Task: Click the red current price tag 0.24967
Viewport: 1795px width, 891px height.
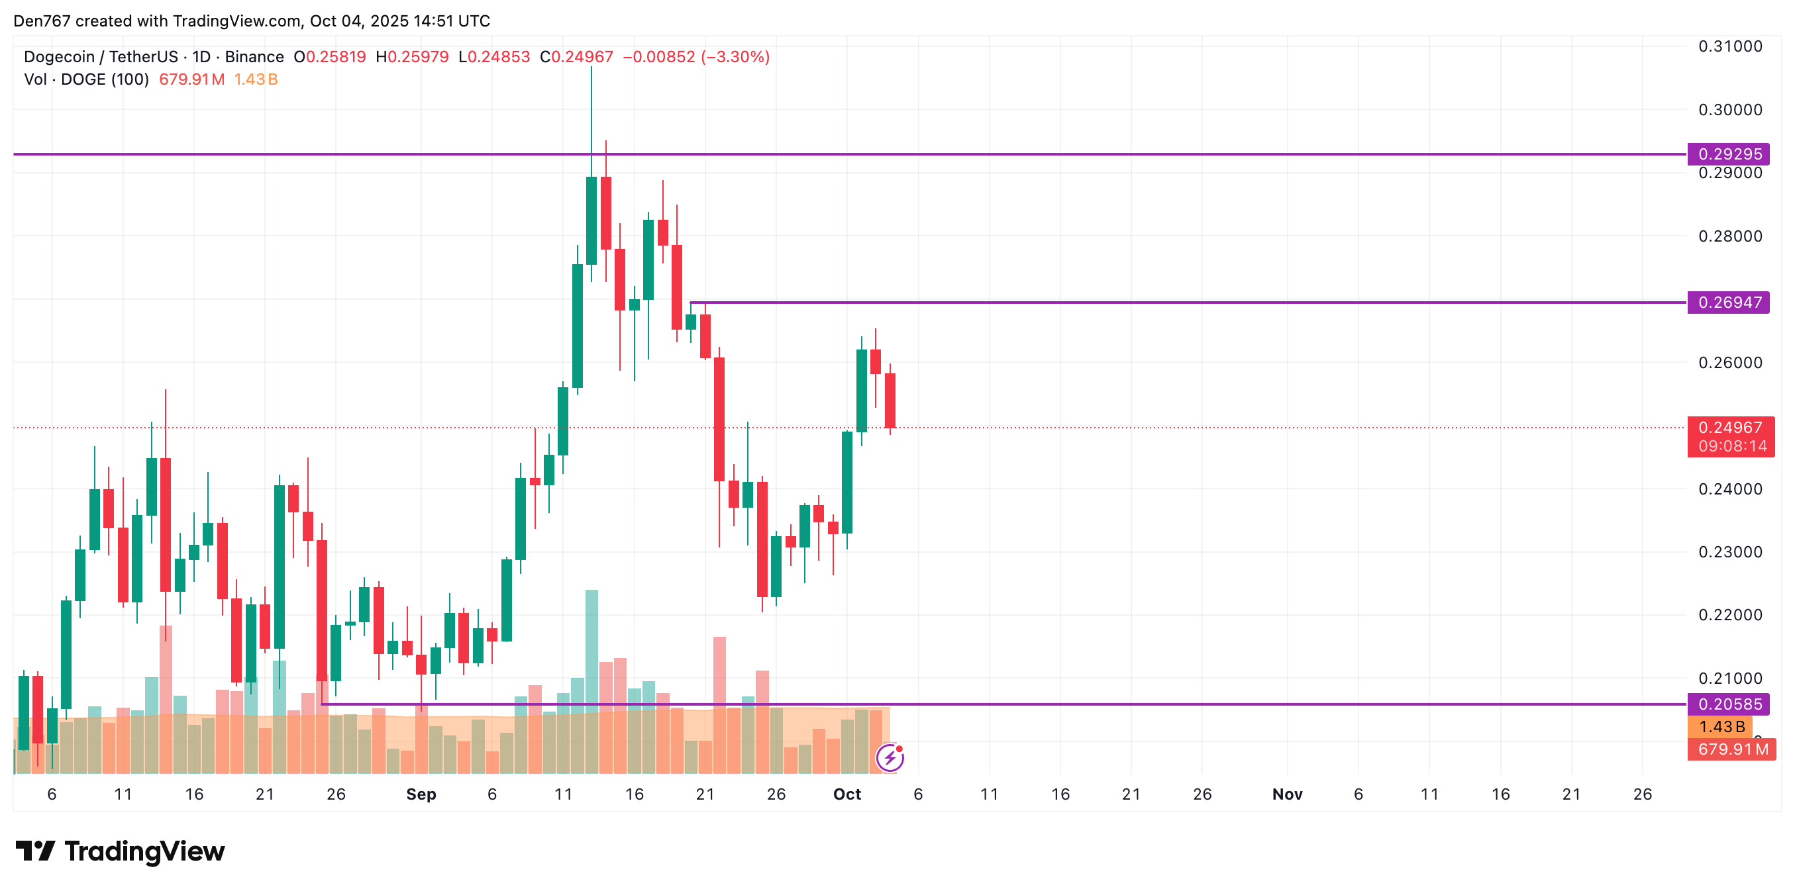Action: coord(1730,428)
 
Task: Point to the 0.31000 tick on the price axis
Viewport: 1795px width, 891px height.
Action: coord(1729,47)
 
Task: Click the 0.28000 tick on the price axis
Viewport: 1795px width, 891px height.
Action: coord(1729,236)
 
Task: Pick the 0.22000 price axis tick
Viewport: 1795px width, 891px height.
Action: coord(1729,615)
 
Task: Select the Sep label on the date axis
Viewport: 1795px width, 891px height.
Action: coord(421,794)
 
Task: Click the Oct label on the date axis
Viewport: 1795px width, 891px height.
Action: coord(846,794)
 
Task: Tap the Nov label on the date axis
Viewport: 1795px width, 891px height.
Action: coord(1286,794)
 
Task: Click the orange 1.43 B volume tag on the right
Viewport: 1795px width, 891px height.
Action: coord(1721,727)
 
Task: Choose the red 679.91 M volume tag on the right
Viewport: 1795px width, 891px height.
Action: coord(1732,749)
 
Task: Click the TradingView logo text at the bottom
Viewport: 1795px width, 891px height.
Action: coord(144,851)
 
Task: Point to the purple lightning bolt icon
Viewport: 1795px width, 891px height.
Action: coord(890,757)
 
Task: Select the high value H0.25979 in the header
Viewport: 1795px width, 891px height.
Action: coord(412,57)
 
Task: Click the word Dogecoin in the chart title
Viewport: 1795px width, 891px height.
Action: coord(59,57)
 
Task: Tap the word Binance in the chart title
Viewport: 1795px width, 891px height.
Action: coord(254,57)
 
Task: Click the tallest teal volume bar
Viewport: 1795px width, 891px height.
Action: coord(591,648)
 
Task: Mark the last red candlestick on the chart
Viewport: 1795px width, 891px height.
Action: coord(890,400)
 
